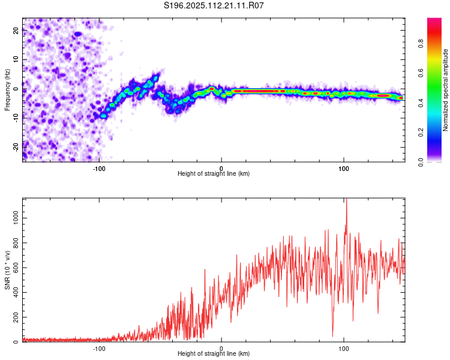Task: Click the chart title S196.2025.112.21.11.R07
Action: point(214,5)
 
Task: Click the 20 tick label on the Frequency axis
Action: point(16,31)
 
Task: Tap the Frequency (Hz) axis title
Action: point(7,90)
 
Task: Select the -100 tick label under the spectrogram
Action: point(99,169)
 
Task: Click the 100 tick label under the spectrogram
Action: point(344,169)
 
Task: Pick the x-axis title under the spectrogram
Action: point(214,173)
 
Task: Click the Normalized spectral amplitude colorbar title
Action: point(445,90)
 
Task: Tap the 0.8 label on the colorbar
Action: point(421,44)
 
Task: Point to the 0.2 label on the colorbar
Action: point(421,133)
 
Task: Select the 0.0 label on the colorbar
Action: point(421,162)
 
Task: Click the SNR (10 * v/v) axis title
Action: point(7,270)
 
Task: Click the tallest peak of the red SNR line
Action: point(346,199)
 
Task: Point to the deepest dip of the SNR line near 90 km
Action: point(332,336)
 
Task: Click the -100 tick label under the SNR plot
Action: point(99,349)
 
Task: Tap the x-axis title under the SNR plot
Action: point(214,353)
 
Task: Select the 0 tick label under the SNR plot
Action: point(221,349)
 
